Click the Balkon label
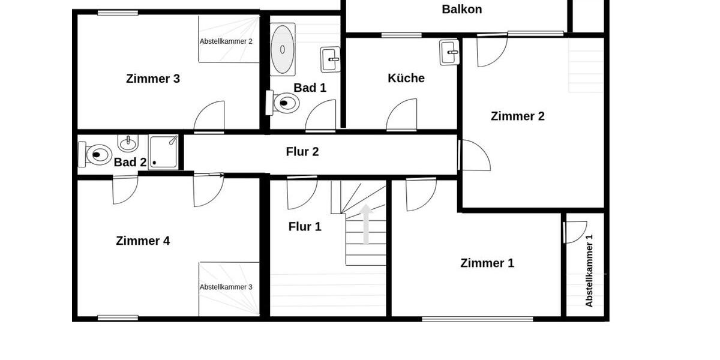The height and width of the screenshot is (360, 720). (461, 9)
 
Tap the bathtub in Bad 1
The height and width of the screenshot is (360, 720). (283, 49)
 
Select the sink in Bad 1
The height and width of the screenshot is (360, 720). (330, 59)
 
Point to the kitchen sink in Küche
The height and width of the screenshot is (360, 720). (449, 53)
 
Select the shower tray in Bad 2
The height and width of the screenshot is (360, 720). (163, 152)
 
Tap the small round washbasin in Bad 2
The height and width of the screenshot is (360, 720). (128, 143)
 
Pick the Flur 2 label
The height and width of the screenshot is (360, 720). (302, 152)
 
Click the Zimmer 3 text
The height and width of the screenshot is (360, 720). (153, 79)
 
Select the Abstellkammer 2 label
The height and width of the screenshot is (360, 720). (226, 41)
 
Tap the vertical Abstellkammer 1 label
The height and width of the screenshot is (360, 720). (589, 270)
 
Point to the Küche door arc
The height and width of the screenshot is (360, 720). (401, 115)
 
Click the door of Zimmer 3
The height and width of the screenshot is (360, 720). (209, 116)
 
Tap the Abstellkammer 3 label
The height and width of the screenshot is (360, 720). (226, 287)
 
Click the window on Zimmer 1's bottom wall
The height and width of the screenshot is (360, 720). (477, 319)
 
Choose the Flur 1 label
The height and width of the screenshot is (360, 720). (305, 227)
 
